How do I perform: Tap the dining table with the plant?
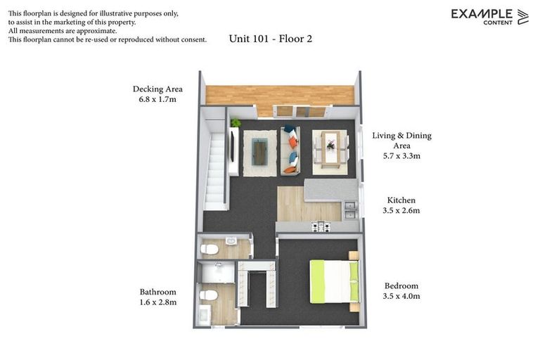(329, 148)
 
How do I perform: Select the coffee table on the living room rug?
(259, 150)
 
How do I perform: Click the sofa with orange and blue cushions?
(290, 150)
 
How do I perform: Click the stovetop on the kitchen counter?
(321, 226)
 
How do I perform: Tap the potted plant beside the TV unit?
(236, 124)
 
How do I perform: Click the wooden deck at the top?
(280, 95)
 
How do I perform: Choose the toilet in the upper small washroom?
(209, 249)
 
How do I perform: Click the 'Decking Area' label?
(157, 89)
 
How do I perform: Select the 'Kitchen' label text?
(401, 200)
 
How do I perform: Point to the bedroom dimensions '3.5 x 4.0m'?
(401, 296)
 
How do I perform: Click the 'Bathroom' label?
(157, 292)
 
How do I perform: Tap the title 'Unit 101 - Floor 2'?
(270, 39)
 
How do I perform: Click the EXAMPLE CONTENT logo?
(489, 16)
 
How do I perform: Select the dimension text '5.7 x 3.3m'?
(401, 156)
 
